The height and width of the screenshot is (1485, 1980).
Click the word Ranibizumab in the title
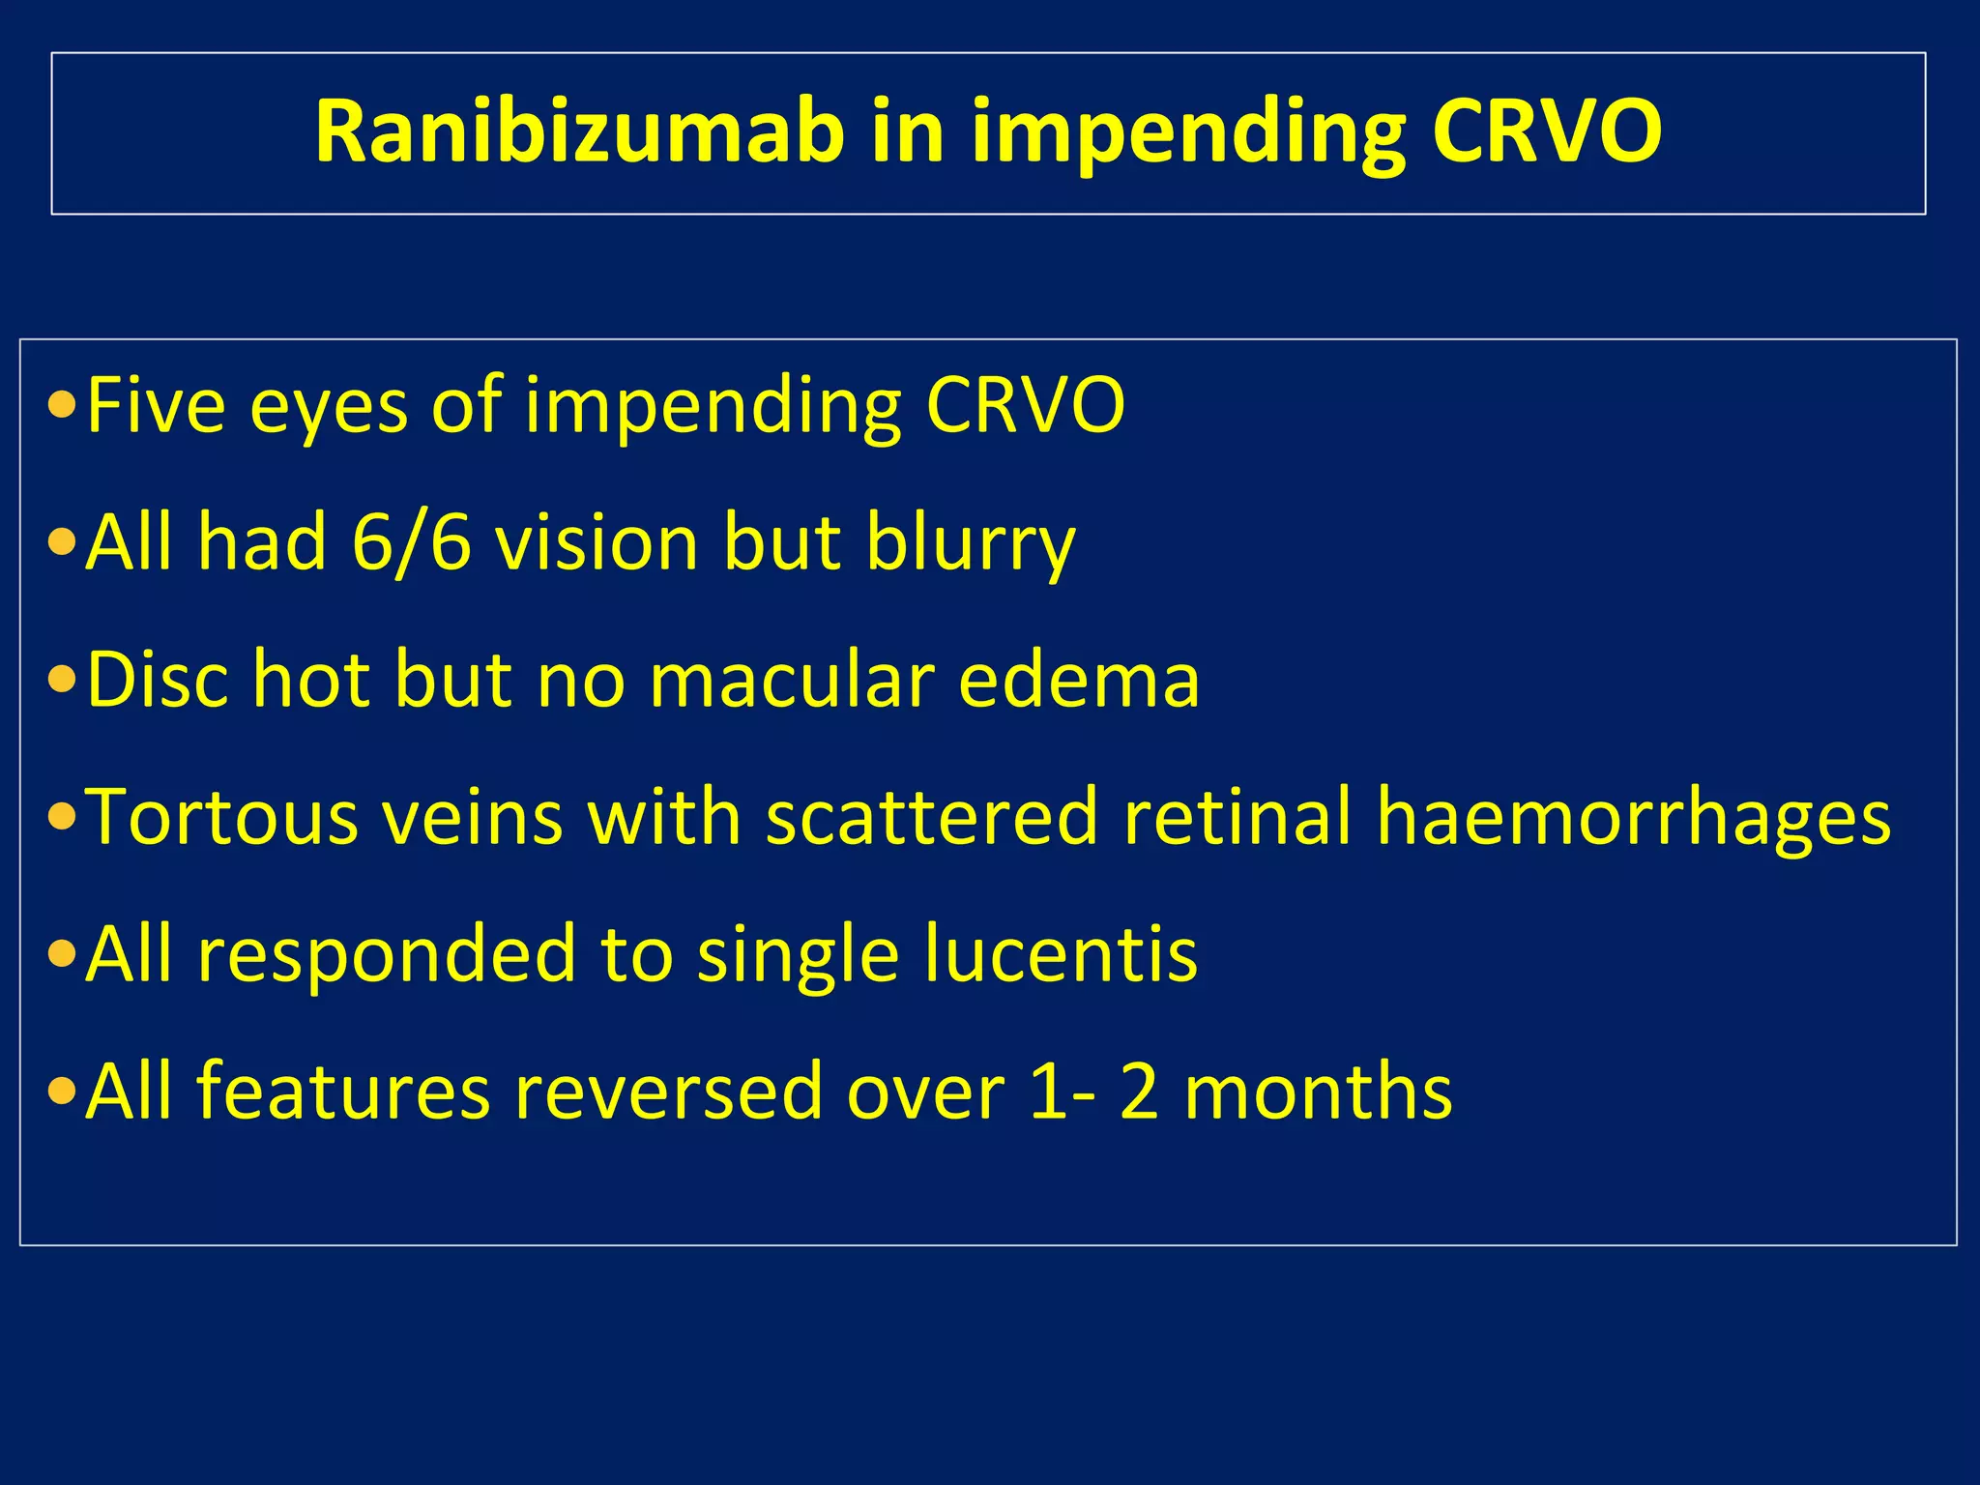tap(578, 132)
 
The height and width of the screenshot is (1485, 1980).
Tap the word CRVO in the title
tap(1546, 132)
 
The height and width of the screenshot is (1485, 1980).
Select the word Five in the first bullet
tap(156, 405)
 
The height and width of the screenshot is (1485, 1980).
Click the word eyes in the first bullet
tap(329, 405)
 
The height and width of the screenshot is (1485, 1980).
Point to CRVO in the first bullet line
tap(1025, 405)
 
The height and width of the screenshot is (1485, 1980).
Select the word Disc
tap(158, 680)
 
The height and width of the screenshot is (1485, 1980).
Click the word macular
tap(792, 680)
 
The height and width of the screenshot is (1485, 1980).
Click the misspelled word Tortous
tap(221, 817)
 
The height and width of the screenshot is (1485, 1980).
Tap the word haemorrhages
tap(1633, 817)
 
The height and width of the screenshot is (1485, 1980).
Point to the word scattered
tap(932, 817)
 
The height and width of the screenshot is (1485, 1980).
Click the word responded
tap(387, 954)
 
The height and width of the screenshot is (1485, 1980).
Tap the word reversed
tap(668, 1092)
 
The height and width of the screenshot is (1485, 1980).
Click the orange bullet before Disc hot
tap(62, 681)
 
